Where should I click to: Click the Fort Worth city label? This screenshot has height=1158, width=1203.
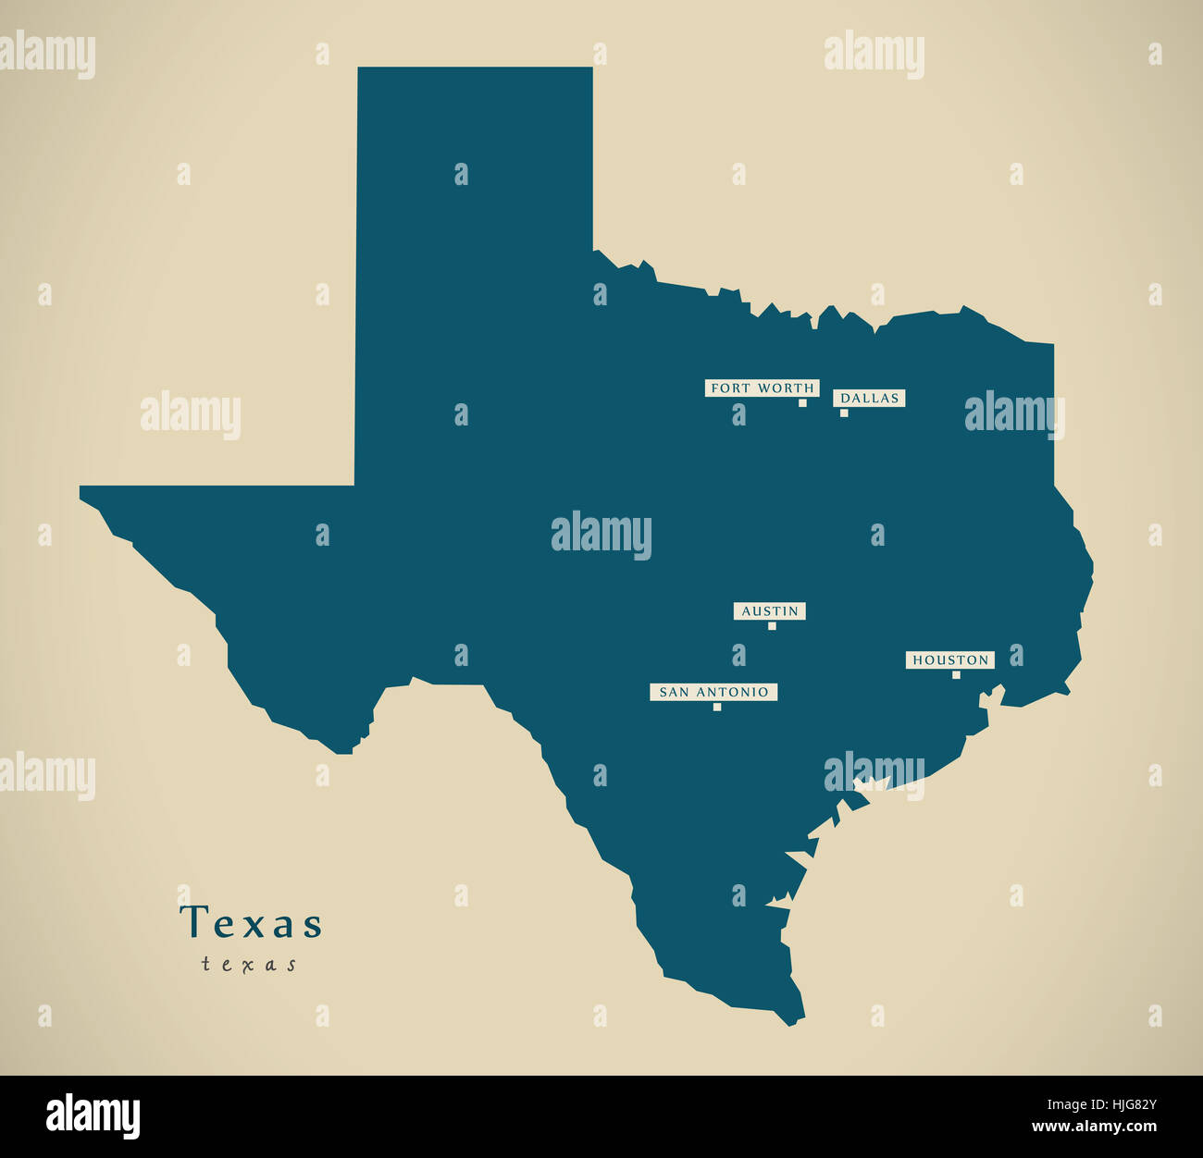point(762,388)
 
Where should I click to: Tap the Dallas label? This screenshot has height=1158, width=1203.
point(869,399)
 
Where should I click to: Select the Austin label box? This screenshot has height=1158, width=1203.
point(770,611)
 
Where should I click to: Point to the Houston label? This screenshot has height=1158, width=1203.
point(950,660)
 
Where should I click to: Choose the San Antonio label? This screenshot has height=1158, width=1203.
point(713,692)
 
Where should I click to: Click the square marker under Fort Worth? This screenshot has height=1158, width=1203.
point(802,403)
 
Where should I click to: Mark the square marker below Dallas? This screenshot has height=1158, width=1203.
point(844,413)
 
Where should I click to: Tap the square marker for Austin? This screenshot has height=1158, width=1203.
point(772,626)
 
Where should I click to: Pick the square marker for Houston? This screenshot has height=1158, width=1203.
point(956,675)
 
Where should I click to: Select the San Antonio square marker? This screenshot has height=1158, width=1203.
point(717,708)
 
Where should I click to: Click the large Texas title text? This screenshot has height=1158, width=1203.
point(252,923)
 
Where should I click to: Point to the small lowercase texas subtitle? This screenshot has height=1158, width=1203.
point(250,965)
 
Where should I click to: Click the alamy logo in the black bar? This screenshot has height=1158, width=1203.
point(93,1115)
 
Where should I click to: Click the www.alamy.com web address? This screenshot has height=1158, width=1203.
point(1095,1127)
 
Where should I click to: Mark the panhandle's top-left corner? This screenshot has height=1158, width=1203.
point(360,69)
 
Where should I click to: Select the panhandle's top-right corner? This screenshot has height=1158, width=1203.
point(590,69)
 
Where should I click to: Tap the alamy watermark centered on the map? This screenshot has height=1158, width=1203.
point(601,535)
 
